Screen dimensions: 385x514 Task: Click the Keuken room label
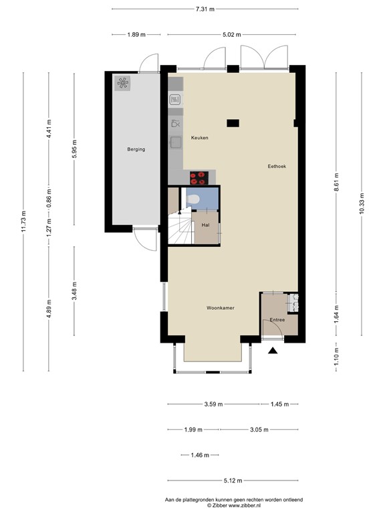pos(199,138)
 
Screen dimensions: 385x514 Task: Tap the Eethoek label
pos(277,167)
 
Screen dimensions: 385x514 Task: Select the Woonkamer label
pos(221,308)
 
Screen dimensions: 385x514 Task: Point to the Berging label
pos(136,149)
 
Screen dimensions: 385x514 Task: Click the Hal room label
pos(206,225)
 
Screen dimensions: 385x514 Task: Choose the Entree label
pos(277,320)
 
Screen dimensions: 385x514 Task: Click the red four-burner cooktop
pos(199,178)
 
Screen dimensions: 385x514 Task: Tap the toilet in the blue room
pos(193,199)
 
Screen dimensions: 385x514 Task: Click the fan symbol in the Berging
pos(123,83)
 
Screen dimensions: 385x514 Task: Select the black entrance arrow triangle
pos(273,351)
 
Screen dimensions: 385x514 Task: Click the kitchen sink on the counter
pos(176,142)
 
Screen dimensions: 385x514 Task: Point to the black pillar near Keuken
pos(233,123)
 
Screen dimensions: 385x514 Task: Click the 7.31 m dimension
pos(205,9)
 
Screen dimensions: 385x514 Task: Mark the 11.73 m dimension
pos(23,222)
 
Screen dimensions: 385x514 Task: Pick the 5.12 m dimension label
pos(233,481)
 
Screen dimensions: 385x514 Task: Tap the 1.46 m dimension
pos(200,455)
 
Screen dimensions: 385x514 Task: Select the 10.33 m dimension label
pos(362,203)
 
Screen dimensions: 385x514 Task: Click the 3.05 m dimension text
pos(259,430)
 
